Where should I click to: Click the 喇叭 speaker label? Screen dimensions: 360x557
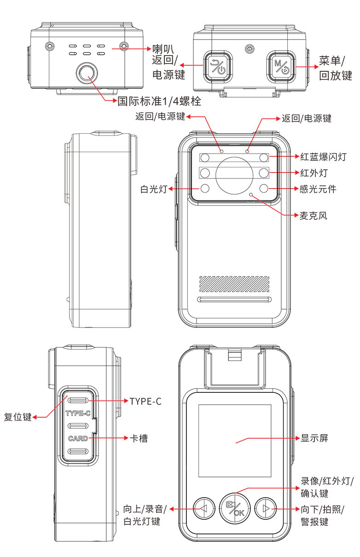coord(163,49)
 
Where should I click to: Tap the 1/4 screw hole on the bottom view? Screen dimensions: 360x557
coord(87,73)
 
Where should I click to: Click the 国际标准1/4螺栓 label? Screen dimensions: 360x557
coord(159,101)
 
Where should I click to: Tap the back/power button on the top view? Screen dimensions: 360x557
coord(218,66)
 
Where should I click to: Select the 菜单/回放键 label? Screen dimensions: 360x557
coord(335,68)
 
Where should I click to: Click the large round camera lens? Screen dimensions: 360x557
coord(234,175)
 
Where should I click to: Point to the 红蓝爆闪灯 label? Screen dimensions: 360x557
coord(323,157)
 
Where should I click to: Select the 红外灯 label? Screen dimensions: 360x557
coord(314,173)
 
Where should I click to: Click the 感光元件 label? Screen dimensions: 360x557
coord(318,189)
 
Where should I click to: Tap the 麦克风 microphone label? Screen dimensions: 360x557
coord(313,216)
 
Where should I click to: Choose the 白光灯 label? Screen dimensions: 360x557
coord(154,189)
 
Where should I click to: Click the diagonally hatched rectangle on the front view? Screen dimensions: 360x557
coord(234,284)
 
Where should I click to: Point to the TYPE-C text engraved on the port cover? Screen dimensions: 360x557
coord(78,413)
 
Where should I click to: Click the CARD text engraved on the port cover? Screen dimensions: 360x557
coord(78,438)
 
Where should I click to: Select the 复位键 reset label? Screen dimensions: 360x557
coord(17,417)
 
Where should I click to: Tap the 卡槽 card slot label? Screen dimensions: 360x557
coord(139,438)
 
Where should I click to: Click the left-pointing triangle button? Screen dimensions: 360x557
coord(204,508)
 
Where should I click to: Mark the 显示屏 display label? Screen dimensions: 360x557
coord(314,438)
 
